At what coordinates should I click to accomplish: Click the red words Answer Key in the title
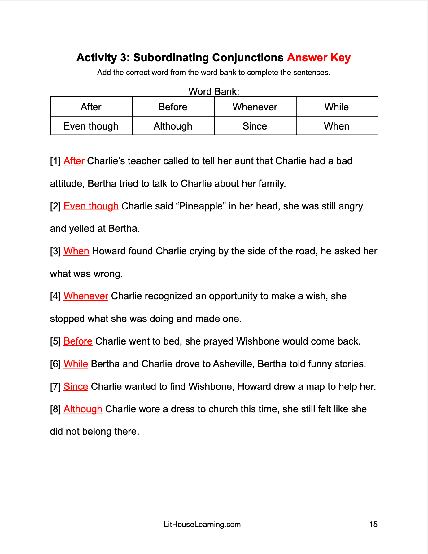[319, 58]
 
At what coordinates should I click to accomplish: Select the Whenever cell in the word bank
[255, 107]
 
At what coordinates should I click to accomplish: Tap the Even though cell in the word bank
[91, 126]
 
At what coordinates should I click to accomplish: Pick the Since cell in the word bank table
[255, 126]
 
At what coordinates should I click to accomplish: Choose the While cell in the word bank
[337, 107]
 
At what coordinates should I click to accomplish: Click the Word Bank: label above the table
[214, 91]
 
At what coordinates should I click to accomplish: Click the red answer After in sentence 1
[74, 161]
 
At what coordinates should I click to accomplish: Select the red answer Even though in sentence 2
[91, 206]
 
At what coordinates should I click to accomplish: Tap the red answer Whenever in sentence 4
[86, 296]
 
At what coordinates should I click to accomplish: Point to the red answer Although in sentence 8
[83, 409]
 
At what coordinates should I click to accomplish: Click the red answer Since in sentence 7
[76, 387]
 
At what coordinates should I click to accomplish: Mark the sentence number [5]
[55, 341]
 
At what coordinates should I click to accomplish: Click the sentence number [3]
[55, 251]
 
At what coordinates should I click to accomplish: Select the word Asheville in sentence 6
[234, 364]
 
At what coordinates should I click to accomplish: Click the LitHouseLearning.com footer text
[202, 525]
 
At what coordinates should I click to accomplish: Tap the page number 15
[373, 525]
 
